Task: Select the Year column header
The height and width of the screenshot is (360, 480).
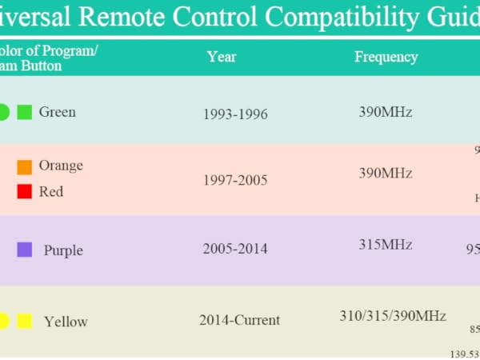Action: coord(222,57)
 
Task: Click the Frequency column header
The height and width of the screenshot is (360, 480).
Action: coord(386,57)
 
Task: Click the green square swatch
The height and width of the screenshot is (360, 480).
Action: coord(24,112)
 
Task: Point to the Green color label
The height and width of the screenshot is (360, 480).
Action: coord(58,112)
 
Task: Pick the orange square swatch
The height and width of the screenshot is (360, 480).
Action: coord(25,166)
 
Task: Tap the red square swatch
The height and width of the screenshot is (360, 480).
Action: coord(25,192)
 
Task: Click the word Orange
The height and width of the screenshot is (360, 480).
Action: coord(61,166)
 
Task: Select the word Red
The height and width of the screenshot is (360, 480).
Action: coord(51,192)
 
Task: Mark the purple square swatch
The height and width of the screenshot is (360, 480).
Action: coord(25,250)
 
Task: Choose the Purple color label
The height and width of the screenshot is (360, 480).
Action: coord(63,250)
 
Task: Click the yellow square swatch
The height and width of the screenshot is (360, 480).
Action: coord(25,321)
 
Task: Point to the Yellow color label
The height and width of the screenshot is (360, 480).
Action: coord(66,322)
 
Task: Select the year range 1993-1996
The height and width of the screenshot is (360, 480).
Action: coord(235,114)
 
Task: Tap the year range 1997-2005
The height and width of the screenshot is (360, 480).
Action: coord(235,180)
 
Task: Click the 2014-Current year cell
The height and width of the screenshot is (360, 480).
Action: coord(239,320)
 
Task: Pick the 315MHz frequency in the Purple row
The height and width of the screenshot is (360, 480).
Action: coord(386,245)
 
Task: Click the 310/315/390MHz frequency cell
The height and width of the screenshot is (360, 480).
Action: coord(393,316)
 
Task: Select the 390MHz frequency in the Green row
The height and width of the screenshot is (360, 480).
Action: coord(386,112)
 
